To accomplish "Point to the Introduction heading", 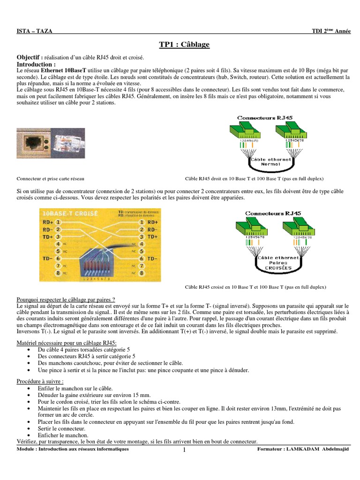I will (36, 64).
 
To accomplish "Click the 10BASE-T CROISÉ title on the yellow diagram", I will (70, 213).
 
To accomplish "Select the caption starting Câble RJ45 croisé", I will (256, 287).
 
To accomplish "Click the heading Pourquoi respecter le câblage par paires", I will (66, 300).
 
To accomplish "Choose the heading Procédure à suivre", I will (40, 382).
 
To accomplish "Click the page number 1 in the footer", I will (184, 450).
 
